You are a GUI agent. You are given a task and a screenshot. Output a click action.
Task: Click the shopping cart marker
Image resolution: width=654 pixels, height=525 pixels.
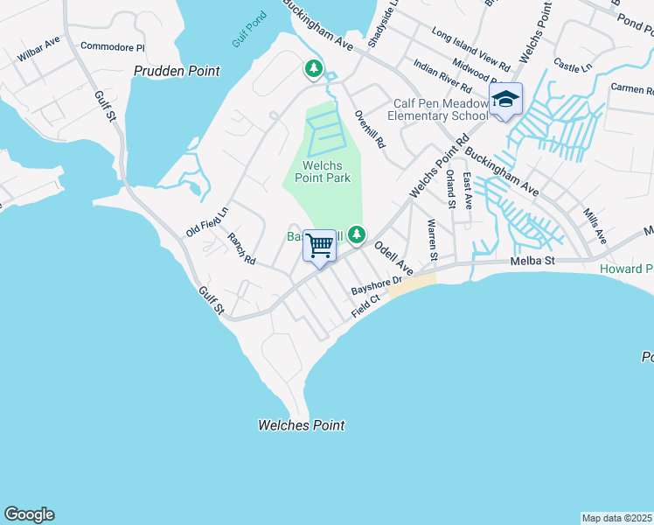(x=320, y=245)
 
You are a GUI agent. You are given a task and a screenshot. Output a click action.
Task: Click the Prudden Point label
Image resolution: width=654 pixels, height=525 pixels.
(x=177, y=71)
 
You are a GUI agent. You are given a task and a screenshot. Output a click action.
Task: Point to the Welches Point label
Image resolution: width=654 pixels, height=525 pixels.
(x=301, y=425)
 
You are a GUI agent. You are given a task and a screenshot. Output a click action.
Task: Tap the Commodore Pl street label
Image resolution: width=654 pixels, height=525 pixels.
(x=112, y=46)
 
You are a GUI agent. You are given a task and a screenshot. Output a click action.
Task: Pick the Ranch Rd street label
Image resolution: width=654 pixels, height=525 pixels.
(x=240, y=248)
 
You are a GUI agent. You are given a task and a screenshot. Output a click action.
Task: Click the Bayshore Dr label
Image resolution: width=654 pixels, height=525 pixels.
(x=375, y=284)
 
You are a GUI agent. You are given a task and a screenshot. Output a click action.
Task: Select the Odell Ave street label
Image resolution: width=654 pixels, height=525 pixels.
(x=393, y=255)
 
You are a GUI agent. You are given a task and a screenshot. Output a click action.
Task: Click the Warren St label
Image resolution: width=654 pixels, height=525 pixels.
(x=432, y=240)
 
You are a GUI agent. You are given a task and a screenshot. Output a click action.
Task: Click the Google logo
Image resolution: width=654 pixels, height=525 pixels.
(x=29, y=514)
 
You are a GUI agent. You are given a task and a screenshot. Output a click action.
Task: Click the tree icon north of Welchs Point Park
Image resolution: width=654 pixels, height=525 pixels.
(x=313, y=67)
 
